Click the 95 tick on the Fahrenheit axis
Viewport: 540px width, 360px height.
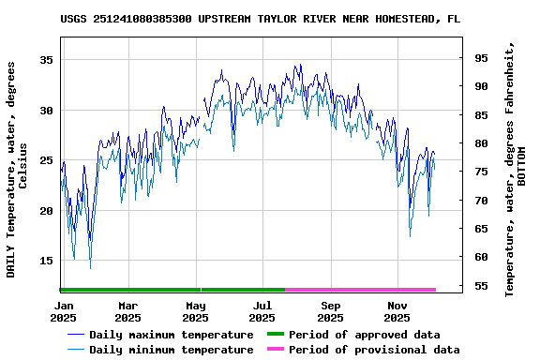(x=481, y=58)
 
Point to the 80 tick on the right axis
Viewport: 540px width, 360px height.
(x=481, y=143)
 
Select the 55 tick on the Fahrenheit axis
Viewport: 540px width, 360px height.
(x=481, y=286)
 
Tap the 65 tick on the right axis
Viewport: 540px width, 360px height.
(x=481, y=229)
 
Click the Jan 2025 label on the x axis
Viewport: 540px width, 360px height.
(x=64, y=312)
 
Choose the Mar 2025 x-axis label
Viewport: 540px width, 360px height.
(x=128, y=312)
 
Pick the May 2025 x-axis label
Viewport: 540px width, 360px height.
(x=195, y=312)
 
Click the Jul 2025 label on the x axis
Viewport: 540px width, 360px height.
(x=262, y=312)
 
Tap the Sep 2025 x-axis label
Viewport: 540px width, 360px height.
(x=330, y=312)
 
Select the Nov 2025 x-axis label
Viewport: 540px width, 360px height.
(x=397, y=312)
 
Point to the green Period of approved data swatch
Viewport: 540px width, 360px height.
(x=275, y=335)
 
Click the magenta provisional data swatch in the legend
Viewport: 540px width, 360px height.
(x=275, y=350)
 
